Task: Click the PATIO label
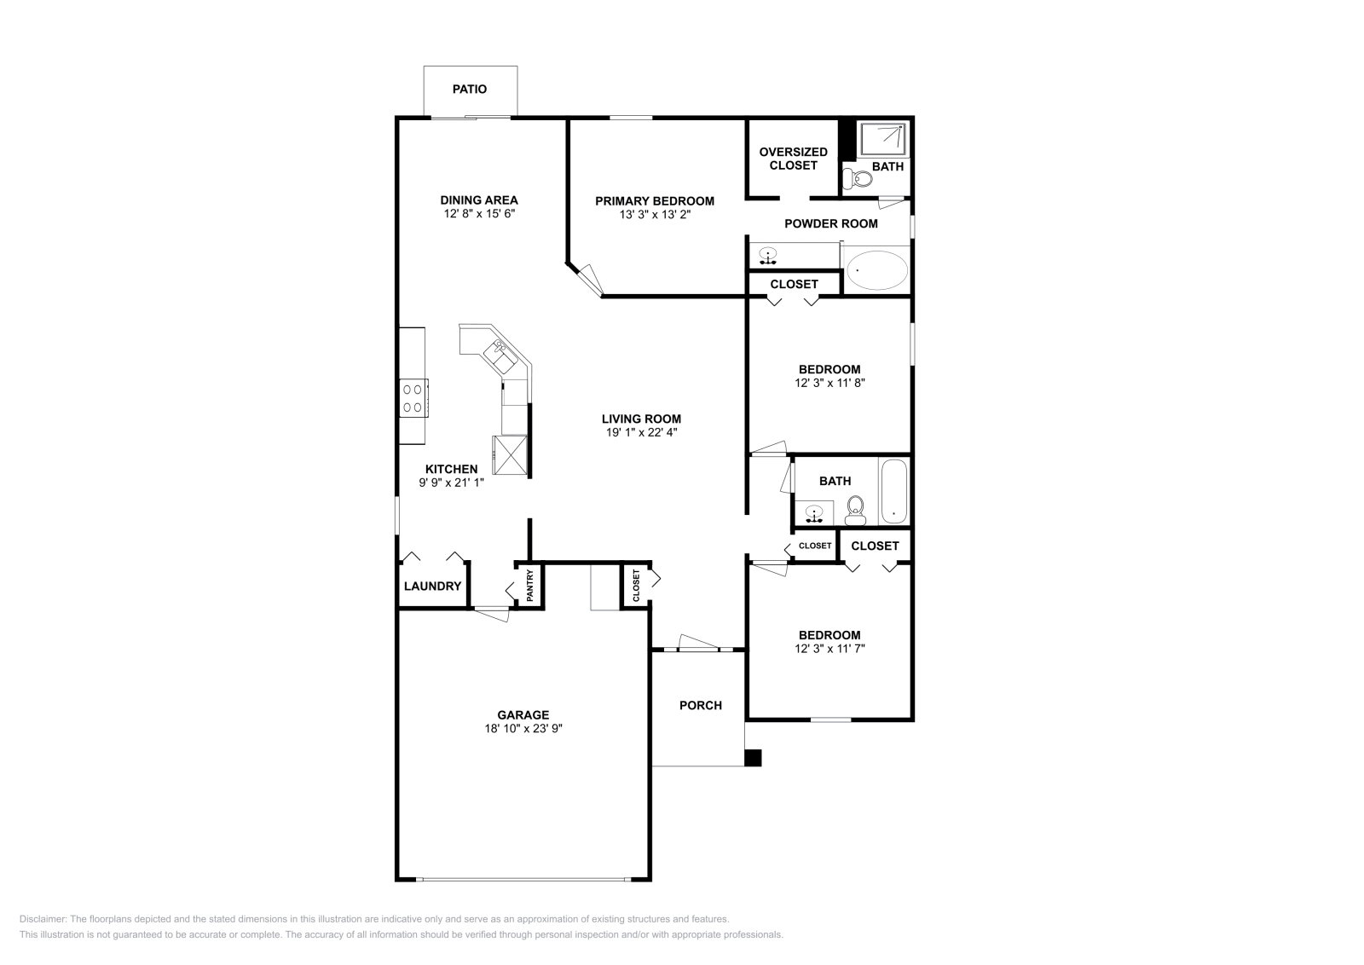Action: point(470,89)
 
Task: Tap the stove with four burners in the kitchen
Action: point(413,398)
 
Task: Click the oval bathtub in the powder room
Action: point(877,271)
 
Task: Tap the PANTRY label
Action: point(530,586)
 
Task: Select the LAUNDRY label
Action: point(432,587)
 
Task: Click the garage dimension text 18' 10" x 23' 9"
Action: point(523,729)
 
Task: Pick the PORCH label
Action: point(701,705)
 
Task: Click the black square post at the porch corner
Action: point(753,758)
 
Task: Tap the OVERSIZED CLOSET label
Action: point(793,159)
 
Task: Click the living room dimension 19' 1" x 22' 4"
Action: point(641,432)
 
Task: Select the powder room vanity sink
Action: point(768,255)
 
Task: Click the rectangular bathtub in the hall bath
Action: point(893,492)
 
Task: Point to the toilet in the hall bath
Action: point(855,511)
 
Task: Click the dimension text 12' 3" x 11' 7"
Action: point(829,649)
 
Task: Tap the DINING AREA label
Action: point(479,200)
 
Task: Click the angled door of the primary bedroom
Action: point(588,280)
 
